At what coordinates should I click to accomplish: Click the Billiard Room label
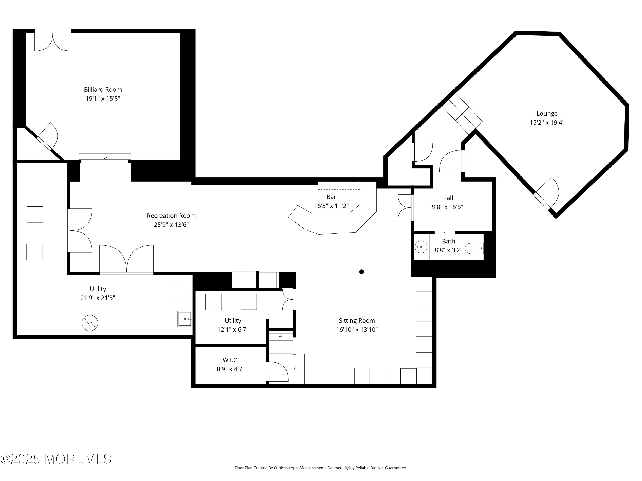(x=103, y=90)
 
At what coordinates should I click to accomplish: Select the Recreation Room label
(x=171, y=216)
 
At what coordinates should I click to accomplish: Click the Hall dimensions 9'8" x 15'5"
(x=447, y=207)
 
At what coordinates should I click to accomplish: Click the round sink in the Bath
(x=421, y=247)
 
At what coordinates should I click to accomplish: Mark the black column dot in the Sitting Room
(x=361, y=272)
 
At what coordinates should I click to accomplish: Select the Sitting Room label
(x=357, y=321)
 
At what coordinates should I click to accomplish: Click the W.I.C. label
(x=230, y=360)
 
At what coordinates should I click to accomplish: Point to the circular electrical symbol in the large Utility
(x=90, y=323)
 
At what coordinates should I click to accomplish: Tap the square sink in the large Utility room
(x=185, y=319)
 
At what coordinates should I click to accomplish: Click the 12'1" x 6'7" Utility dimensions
(x=233, y=330)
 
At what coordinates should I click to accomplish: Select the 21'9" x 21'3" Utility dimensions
(x=98, y=298)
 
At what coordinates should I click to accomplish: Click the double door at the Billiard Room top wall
(x=53, y=40)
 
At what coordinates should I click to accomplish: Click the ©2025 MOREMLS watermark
(x=56, y=459)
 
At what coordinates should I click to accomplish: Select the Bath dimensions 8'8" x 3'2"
(x=448, y=250)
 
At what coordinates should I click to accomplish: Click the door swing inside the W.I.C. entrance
(x=278, y=371)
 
